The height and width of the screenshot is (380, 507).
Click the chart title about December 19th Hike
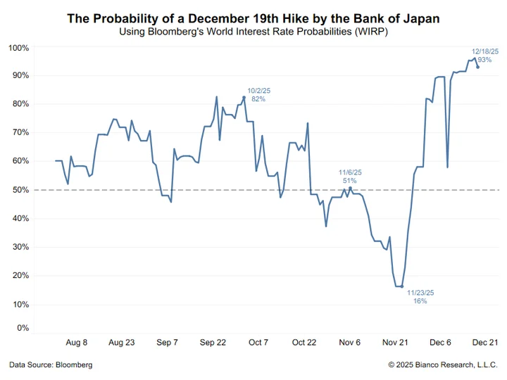(x=254, y=18)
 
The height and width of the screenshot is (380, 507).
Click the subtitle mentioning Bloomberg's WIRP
(x=254, y=32)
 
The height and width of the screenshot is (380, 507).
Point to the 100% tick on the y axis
(x=18, y=48)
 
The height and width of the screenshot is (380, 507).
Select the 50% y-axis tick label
(x=20, y=190)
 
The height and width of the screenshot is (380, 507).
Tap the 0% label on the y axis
(x=23, y=328)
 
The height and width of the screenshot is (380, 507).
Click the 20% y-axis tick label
(x=20, y=276)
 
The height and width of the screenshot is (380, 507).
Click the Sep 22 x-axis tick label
(x=212, y=343)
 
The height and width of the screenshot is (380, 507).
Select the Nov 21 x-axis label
(x=396, y=343)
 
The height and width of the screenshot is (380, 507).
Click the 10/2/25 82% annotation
(x=258, y=94)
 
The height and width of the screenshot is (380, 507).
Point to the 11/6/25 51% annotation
(x=349, y=176)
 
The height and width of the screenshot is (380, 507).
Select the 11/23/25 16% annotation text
(x=420, y=296)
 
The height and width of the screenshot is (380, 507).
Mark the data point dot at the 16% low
(x=401, y=287)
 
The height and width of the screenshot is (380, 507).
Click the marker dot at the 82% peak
(x=244, y=97)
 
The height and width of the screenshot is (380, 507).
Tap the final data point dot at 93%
(x=478, y=67)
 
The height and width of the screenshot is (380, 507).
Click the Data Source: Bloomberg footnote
(x=51, y=365)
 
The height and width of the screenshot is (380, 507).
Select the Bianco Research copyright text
(x=443, y=365)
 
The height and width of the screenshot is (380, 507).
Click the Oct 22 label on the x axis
(x=303, y=343)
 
